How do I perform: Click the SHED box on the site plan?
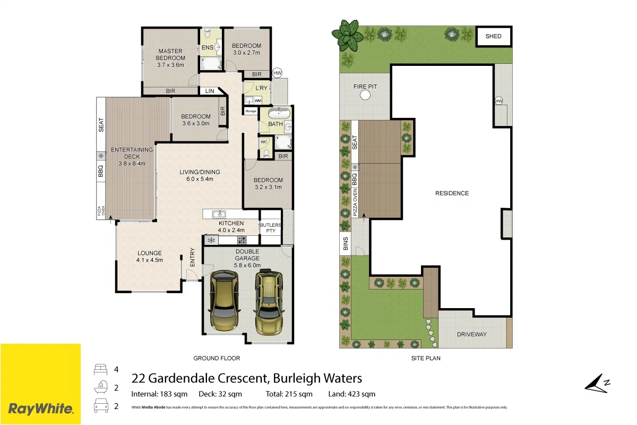pyautogui.click(x=493, y=37)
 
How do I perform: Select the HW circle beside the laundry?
pyautogui.click(x=277, y=73)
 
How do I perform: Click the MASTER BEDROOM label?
pyautogui.click(x=170, y=55)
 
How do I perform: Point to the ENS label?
pyautogui.click(x=208, y=48)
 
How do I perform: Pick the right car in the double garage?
pyautogui.click(x=270, y=302)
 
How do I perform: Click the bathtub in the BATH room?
pyautogui.click(x=278, y=113)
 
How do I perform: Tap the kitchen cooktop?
pyautogui.click(x=242, y=240)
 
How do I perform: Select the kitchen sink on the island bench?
pyautogui.click(x=219, y=214)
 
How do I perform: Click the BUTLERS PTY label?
pyautogui.click(x=270, y=228)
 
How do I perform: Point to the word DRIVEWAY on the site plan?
pyautogui.click(x=472, y=334)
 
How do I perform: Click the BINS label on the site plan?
pyautogui.click(x=346, y=244)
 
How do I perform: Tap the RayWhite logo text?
pyautogui.click(x=40, y=409)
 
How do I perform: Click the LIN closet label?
pyautogui.click(x=210, y=91)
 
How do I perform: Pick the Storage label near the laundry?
pyautogui.click(x=251, y=111)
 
